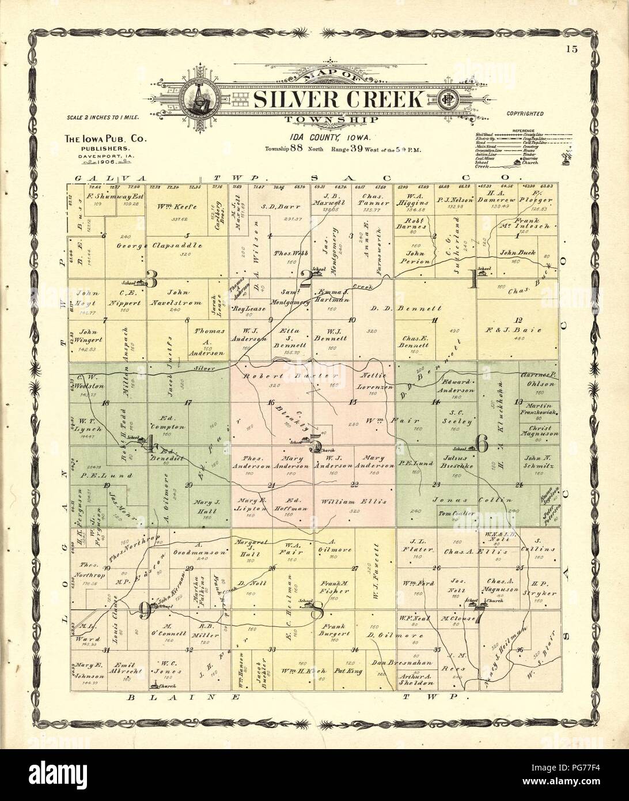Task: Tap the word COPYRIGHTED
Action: [x=525, y=115]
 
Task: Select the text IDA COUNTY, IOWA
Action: [x=314, y=138]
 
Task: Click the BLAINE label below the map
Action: [x=150, y=697]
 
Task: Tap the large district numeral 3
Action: [x=152, y=279]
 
